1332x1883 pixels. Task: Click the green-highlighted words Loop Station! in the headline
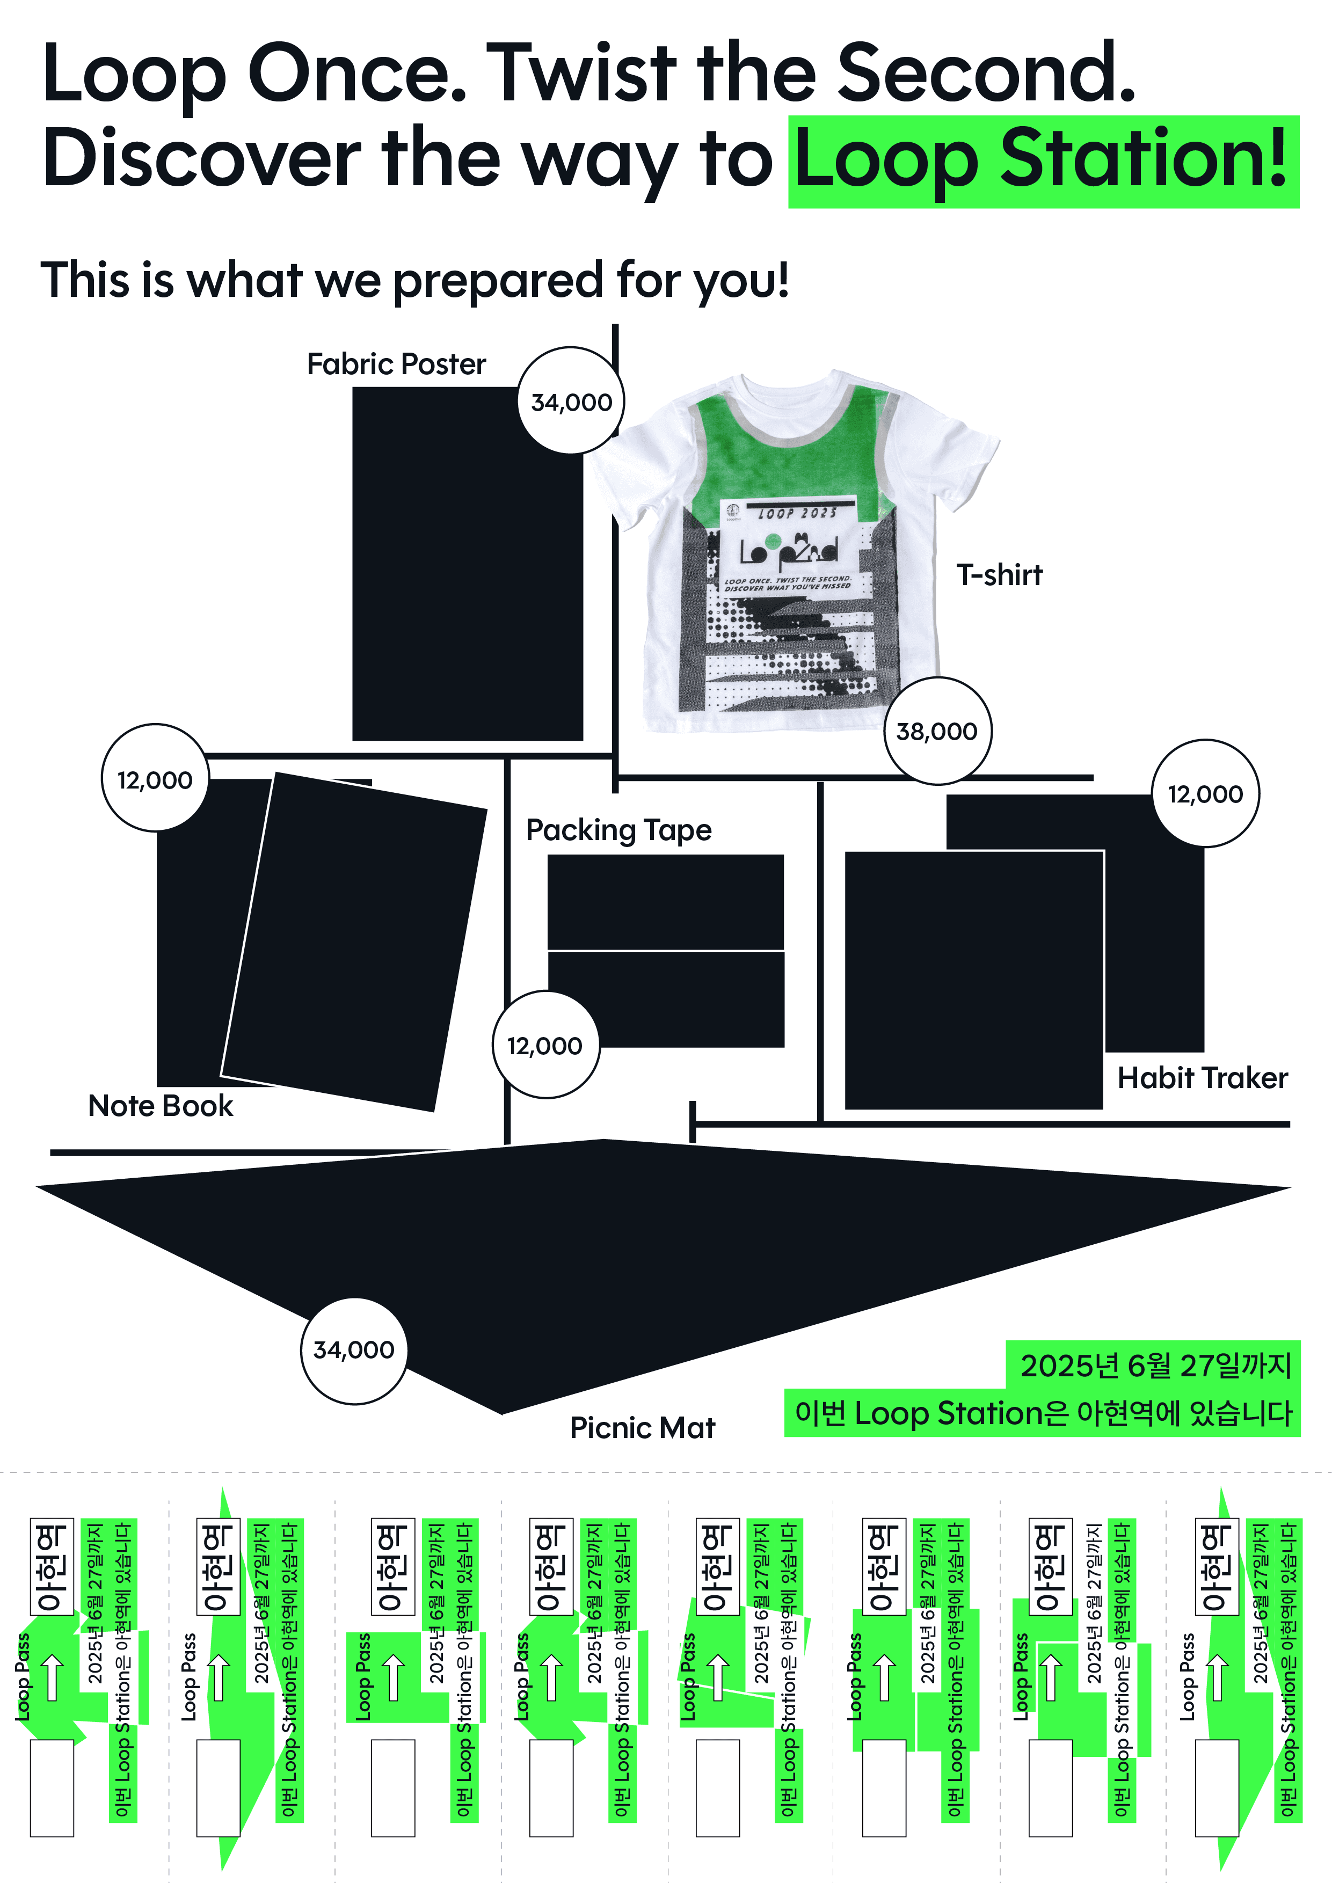coord(1043,162)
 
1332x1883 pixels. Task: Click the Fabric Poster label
coord(396,364)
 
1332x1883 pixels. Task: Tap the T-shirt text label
coord(999,575)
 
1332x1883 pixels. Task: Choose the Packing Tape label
coord(618,830)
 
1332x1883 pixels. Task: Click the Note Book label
coord(161,1106)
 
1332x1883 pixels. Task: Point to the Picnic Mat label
coord(642,1428)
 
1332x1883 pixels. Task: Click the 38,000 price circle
coord(937,731)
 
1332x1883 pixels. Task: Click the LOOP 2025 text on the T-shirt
coord(797,513)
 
